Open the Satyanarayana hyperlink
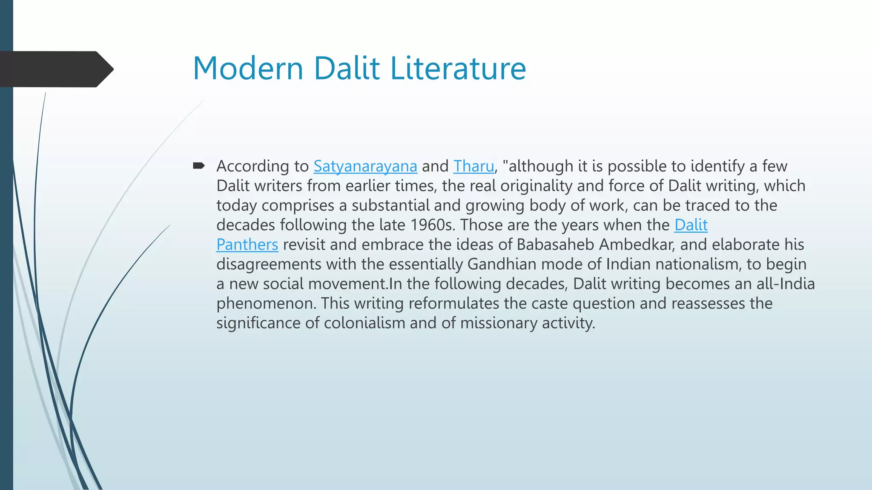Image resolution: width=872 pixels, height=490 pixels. [x=365, y=166]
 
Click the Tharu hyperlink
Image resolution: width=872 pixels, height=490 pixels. [x=473, y=166]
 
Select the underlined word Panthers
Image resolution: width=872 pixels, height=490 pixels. [x=247, y=245]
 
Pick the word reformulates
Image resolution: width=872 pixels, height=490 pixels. [x=453, y=303]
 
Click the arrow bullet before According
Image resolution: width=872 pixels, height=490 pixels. [x=199, y=165]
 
